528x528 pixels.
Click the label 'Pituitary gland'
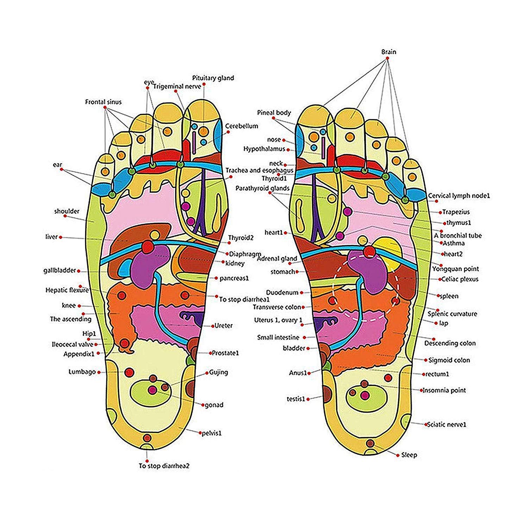click(213, 78)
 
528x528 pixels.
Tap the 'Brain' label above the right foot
click(389, 52)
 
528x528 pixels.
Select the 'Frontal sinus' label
click(103, 102)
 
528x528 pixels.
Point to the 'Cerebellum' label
click(241, 126)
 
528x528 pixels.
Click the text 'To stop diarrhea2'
click(164, 466)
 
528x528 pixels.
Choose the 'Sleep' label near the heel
click(409, 455)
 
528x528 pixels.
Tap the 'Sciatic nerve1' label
click(446, 425)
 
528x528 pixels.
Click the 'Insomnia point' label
click(444, 390)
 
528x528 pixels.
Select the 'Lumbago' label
click(82, 372)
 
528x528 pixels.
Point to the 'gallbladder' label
click(59, 271)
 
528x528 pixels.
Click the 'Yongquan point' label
click(455, 269)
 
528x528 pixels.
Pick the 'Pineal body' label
click(274, 113)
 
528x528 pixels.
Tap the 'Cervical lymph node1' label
click(459, 196)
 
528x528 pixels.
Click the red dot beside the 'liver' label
click(61, 238)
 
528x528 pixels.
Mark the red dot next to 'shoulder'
click(65, 216)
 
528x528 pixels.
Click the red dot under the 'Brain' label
click(387, 58)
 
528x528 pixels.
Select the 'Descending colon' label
click(450, 343)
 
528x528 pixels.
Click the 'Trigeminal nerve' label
click(177, 86)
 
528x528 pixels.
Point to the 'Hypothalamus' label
click(264, 149)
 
